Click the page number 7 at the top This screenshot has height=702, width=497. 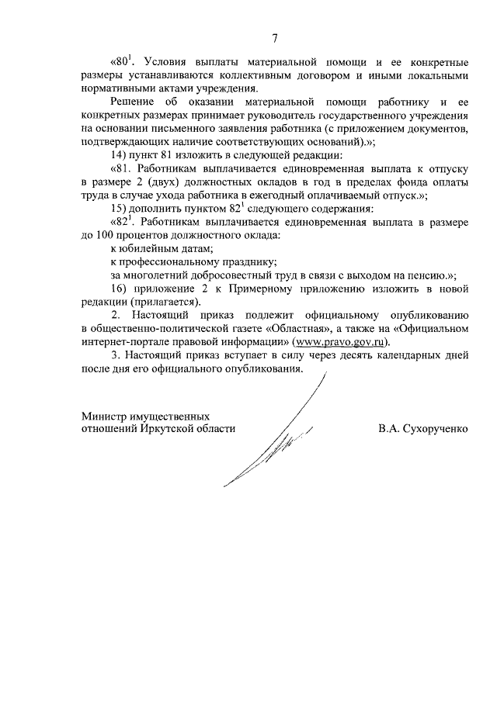pyautogui.click(x=275, y=39)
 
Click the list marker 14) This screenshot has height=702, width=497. pyautogui.click(x=120, y=155)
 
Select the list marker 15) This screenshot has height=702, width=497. pyautogui.click(x=120, y=209)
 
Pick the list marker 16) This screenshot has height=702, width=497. pyautogui.click(x=120, y=289)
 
